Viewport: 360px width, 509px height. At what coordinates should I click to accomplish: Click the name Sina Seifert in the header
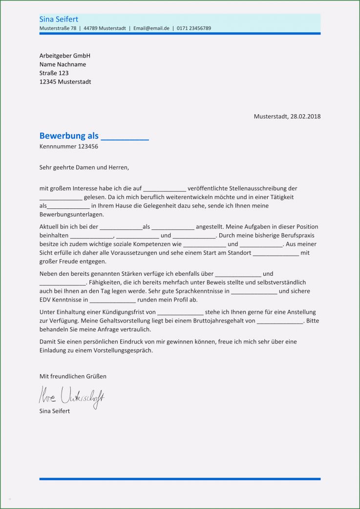pos(58,19)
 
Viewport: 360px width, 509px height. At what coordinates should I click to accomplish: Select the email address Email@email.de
pos(151,28)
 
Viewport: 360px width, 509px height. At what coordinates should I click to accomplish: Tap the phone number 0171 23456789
pos(194,28)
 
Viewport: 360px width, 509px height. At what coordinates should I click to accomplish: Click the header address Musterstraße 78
pos(58,28)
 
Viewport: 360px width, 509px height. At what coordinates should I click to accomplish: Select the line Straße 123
pos(54,73)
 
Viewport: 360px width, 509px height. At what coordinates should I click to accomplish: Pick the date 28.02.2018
pos(305,116)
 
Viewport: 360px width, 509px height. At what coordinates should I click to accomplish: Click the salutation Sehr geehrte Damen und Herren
pos(84,167)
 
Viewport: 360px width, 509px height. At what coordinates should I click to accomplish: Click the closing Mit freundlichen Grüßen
pos(73,376)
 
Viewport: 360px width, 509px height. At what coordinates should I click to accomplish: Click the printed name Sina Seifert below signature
pos(55,411)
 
